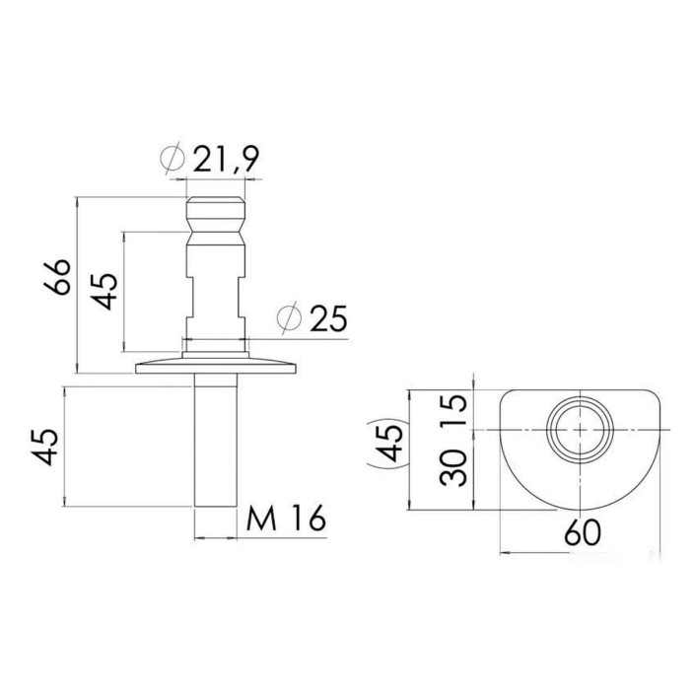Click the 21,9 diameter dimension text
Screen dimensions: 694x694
click(226, 158)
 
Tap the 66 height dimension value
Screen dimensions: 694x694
click(57, 277)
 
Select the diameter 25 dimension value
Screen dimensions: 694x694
click(328, 318)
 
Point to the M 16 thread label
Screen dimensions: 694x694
click(286, 518)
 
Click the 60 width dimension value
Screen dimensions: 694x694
click(583, 532)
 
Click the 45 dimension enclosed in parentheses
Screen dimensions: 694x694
click(388, 443)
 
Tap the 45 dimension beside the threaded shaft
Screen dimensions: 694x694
click(45, 447)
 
